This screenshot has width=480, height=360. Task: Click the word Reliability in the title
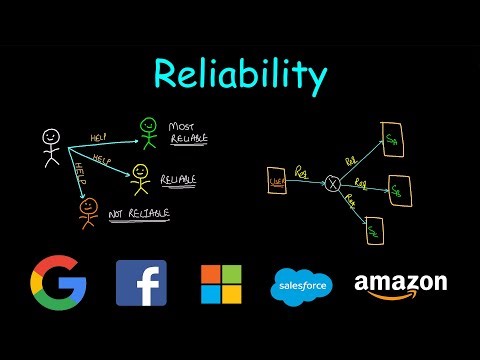point(240,74)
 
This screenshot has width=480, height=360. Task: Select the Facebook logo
point(141,282)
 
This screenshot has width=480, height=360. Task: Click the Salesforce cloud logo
point(301,287)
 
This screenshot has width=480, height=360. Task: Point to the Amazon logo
point(400,284)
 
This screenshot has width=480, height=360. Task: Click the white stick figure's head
point(51,137)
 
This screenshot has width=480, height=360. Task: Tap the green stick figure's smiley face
point(149,126)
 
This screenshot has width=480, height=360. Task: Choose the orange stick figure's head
point(87,206)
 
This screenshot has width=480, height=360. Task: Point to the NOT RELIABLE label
point(140,213)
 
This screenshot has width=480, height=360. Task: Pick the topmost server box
point(391,136)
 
